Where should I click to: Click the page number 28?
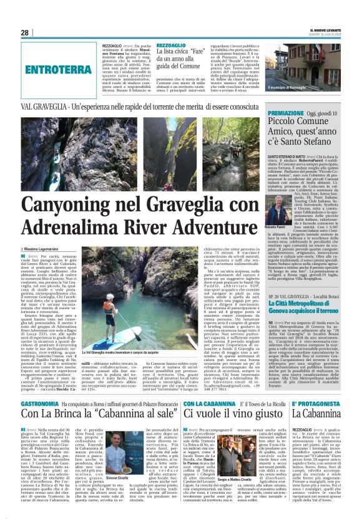pyautogui.click(x=25, y=33)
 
